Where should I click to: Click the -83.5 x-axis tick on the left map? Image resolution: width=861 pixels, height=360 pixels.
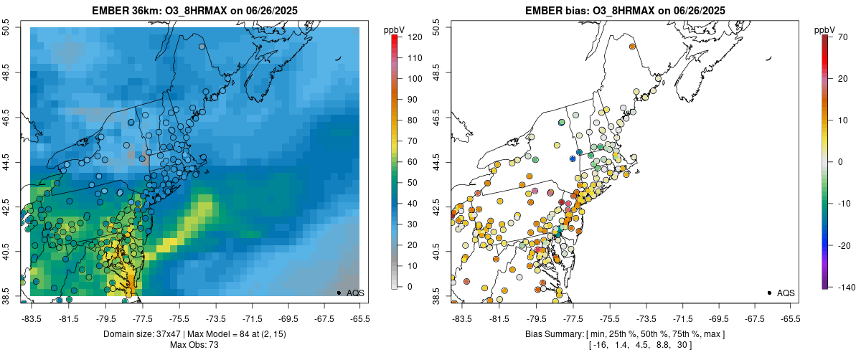pos(32,318)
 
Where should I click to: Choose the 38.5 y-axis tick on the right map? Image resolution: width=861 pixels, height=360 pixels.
pos(437,294)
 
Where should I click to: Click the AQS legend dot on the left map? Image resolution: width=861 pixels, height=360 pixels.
pos(339,293)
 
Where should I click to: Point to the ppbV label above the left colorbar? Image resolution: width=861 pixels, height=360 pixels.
pos(394,29)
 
